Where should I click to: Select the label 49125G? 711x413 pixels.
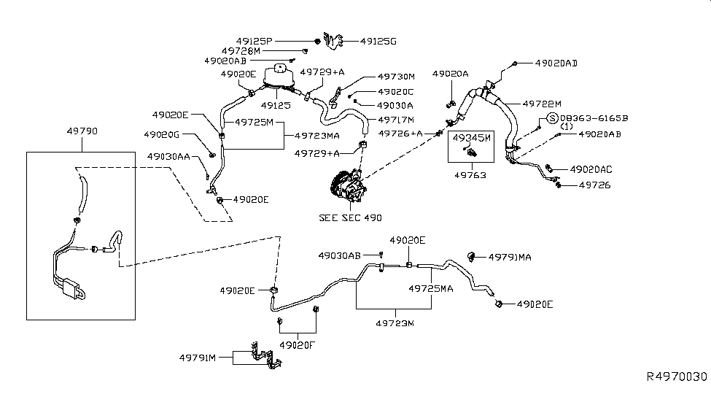[378, 41]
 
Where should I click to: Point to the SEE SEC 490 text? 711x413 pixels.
[350, 217]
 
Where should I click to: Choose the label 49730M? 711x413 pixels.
[396, 77]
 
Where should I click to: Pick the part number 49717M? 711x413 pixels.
[396, 120]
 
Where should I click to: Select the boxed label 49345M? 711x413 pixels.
[472, 136]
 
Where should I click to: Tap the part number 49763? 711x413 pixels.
[472, 175]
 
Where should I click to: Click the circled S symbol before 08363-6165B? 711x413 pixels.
[552, 118]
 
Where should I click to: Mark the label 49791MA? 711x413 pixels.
[510, 257]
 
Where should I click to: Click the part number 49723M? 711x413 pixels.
[394, 323]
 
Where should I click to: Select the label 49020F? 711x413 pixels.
[298, 345]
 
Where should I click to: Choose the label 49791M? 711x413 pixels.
[198, 357]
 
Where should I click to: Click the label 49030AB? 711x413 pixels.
[339, 255]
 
